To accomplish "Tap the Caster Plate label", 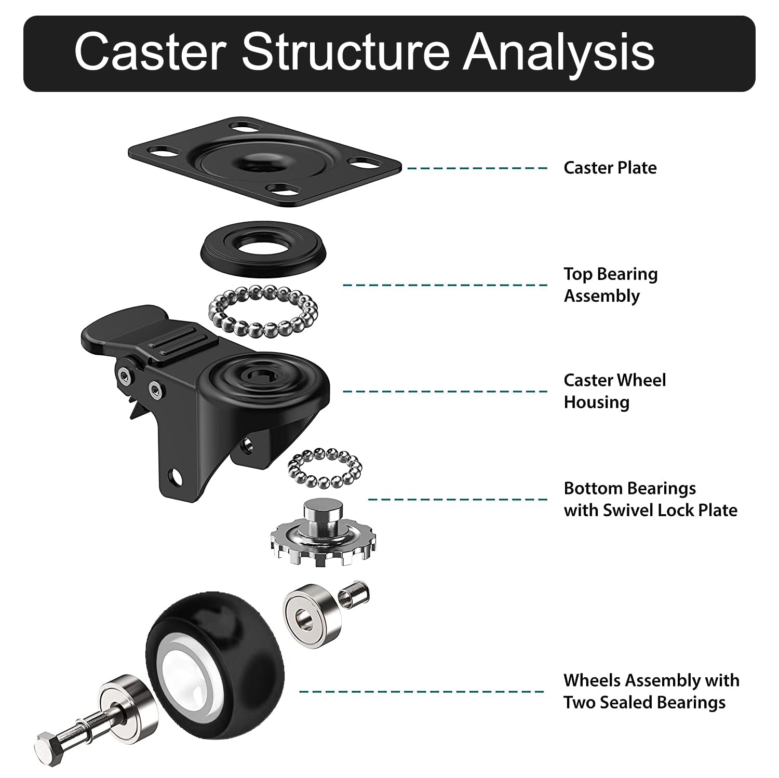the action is point(610,168).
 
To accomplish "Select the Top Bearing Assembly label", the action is point(611,285).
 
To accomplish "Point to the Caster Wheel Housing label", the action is point(615,391).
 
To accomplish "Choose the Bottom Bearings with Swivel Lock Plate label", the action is point(651,499).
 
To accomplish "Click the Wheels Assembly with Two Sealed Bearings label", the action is point(652,691).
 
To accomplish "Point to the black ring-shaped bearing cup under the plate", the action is point(264,246).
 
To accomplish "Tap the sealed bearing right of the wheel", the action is point(312,615).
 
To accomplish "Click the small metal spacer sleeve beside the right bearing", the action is point(354,593).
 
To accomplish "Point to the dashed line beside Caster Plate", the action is point(477,168).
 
